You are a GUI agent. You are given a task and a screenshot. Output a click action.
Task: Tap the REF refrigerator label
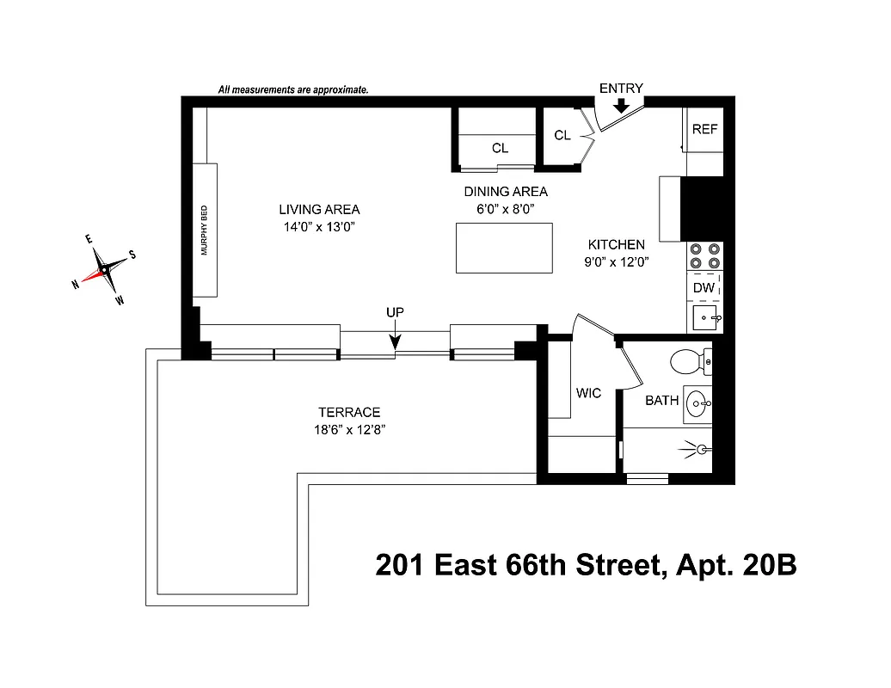pyautogui.click(x=704, y=129)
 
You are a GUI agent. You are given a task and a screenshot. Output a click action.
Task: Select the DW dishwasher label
pyautogui.click(x=704, y=288)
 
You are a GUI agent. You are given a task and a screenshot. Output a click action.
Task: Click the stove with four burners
pyautogui.click(x=704, y=257)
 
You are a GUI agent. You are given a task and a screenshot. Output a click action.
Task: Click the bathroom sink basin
pyautogui.click(x=698, y=401)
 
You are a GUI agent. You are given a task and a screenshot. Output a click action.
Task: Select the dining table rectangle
pyautogui.click(x=504, y=249)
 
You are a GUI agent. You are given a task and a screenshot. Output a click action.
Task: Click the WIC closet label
pyautogui.click(x=588, y=393)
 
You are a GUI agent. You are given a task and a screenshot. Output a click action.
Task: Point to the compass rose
pyautogui.click(x=104, y=269)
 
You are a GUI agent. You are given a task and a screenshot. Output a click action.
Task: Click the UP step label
pyautogui.click(x=395, y=312)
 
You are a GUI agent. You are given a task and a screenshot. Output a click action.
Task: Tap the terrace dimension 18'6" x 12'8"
pyautogui.click(x=347, y=430)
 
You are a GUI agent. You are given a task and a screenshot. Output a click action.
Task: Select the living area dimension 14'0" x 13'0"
pyautogui.click(x=318, y=227)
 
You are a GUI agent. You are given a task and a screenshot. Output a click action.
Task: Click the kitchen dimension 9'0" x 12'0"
pyautogui.click(x=616, y=262)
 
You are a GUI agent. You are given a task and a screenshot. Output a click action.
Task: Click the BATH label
pyautogui.click(x=662, y=400)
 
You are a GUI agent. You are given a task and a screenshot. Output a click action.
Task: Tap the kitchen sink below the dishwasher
pyautogui.click(x=704, y=318)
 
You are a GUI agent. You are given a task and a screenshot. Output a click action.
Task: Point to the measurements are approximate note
pyautogui.click(x=293, y=89)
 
